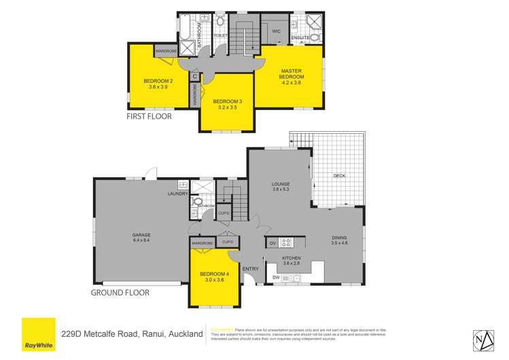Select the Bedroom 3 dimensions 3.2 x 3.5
click(x=226, y=107)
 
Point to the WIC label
click(x=276, y=31)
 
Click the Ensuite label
click(x=300, y=38)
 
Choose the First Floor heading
click(x=150, y=116)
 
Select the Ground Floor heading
click(x=120, y=293)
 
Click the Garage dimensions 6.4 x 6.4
click(x=141, y=240)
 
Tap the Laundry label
click(x=177, y=194)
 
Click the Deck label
click(x=340, y=176)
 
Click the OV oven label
click(x=272, y=242)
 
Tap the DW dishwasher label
click(x=276, y=278)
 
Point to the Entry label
click(x=250, y=269)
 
